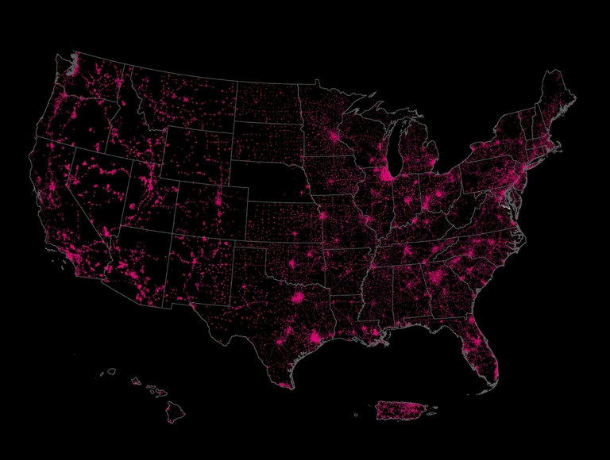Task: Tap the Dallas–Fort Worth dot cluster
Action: tap(299, 298)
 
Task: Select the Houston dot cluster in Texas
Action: tap(317, 339)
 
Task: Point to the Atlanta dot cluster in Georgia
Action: tap(435, 278)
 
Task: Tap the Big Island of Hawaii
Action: tap(176, 411)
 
